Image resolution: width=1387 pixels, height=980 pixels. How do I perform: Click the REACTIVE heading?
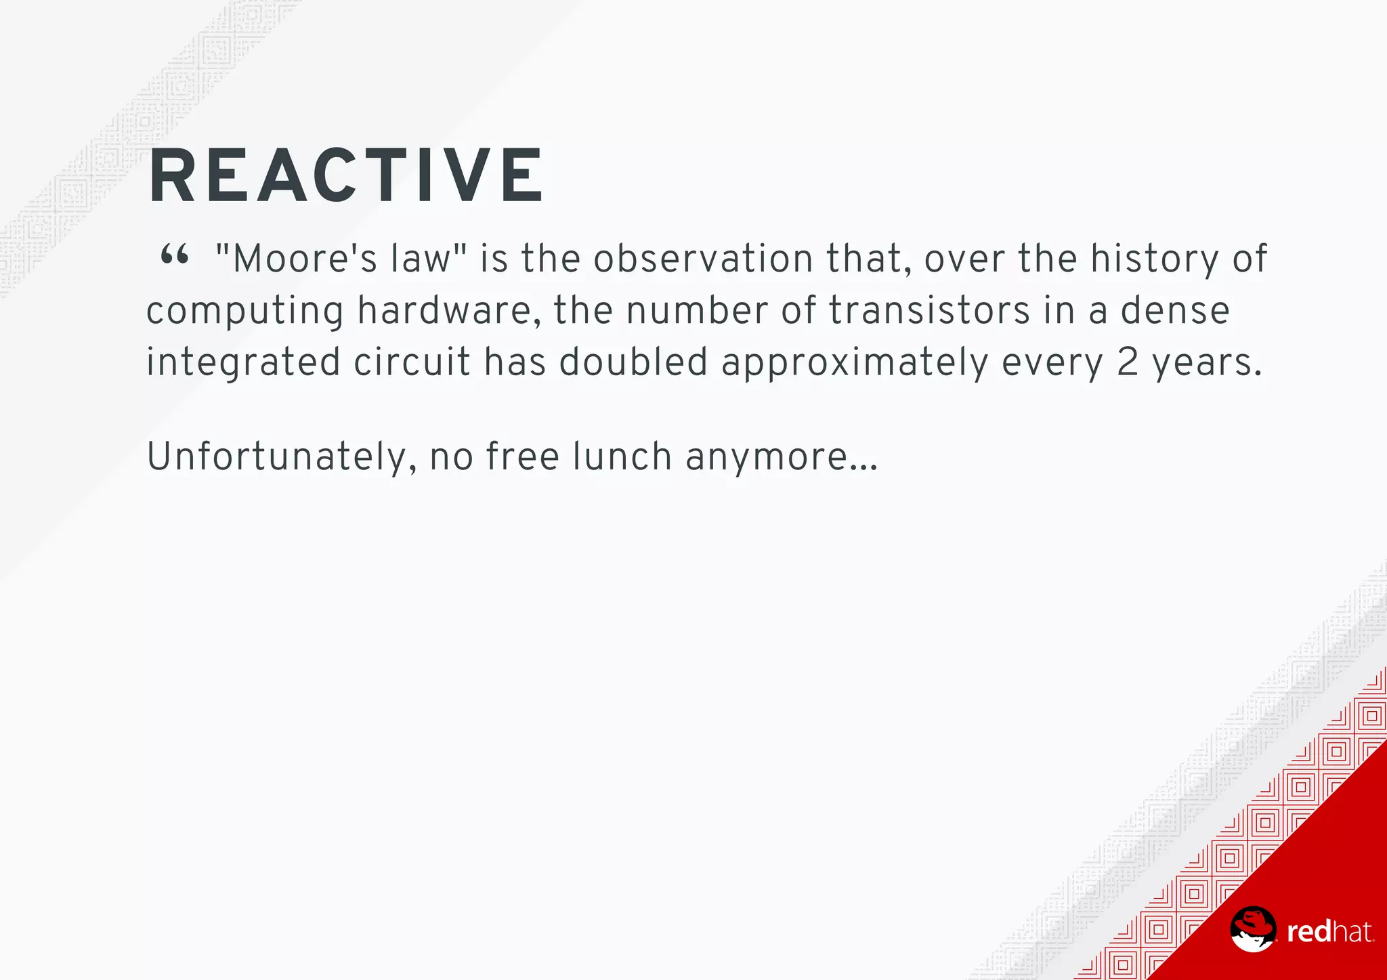(x=345, y=175)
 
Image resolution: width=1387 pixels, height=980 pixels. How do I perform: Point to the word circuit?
(x=412, y=362)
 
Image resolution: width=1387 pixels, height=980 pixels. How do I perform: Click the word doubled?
(x=633, y=362)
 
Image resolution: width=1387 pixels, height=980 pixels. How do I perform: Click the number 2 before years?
(x=1128, y=362)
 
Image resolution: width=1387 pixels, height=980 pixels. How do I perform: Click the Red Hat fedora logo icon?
(x=1252, y=929)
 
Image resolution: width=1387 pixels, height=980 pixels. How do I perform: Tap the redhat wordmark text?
(x=1329, y=932)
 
